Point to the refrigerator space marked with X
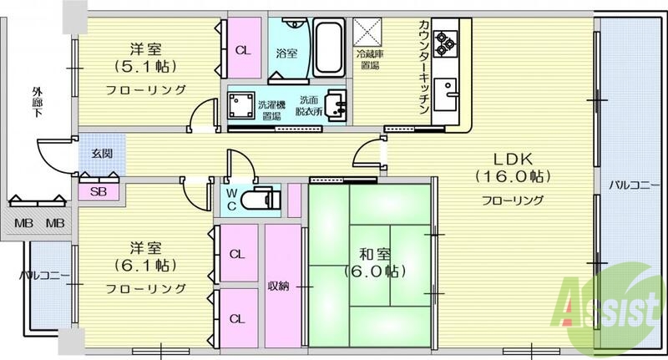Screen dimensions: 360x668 (x=368, y=33)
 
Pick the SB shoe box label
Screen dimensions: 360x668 (x=99, y=190)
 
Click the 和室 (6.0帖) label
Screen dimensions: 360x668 (x=371, y=261)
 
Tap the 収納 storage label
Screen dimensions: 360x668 (x=279, y=286)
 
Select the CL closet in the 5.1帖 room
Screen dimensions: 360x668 (x=242, y=50)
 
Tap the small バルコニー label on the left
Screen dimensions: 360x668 (x=38, y=275)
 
